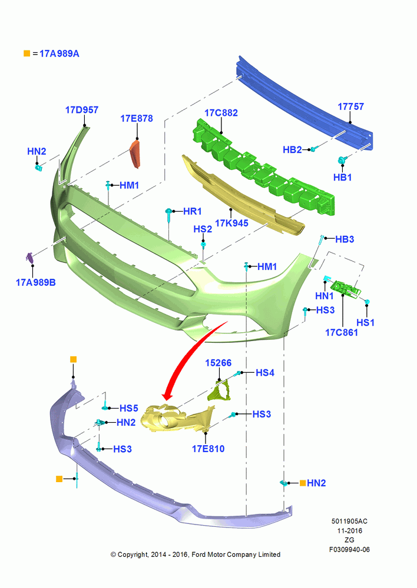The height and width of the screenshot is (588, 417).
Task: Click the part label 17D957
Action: pos(81,110)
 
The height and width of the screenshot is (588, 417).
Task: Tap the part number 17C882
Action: pos(221,113)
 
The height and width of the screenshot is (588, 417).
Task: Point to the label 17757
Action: pos(350,106)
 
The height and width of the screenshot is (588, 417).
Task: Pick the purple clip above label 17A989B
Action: pos(29,258)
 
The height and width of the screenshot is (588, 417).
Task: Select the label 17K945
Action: pos(231,223)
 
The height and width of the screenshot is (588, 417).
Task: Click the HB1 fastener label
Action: pos(342,177)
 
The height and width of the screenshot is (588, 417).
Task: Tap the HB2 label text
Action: pos(292,149)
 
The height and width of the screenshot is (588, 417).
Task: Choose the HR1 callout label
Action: pos(193,212)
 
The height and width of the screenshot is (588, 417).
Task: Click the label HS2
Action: pos(203,229)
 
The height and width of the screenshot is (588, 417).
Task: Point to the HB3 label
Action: pos(345,239)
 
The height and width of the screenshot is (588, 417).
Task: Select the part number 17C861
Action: pos(341,332)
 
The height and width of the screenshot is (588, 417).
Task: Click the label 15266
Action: pos(219,363)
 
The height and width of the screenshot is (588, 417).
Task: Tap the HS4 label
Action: pos(265,373)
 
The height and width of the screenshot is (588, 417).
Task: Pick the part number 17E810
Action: pos(208,449)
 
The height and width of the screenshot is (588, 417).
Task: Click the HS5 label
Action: pos(129,409)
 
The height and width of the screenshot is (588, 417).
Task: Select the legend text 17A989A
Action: pos(59,54)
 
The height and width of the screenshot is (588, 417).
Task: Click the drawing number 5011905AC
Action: pos(349,521)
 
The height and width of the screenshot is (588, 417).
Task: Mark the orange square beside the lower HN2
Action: pos(302,483)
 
